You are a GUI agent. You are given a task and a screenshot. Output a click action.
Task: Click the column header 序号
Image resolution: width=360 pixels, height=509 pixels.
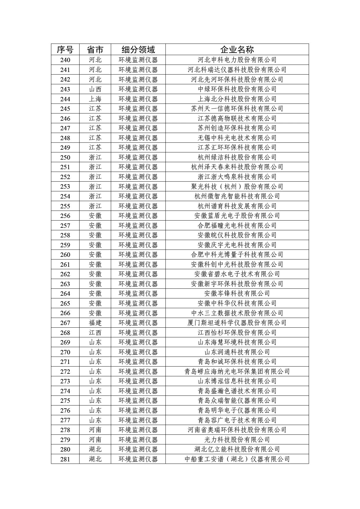pos(65,49)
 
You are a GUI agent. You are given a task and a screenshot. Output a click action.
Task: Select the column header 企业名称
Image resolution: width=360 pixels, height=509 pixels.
pos(237,49)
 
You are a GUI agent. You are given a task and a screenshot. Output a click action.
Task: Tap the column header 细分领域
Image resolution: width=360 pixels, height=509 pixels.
pos(138,49)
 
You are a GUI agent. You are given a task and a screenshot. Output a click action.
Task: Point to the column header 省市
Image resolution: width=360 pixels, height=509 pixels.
pos(95,49)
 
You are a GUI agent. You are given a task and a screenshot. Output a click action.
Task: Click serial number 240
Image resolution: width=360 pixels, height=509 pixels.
pos(65,60)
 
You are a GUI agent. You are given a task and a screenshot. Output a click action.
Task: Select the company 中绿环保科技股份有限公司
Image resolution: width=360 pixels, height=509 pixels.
pos(237,89)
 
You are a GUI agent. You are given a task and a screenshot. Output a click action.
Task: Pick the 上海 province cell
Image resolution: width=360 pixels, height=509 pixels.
pos(95,99)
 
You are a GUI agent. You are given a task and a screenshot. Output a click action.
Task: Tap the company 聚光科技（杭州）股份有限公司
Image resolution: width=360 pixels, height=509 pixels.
pos(237,187)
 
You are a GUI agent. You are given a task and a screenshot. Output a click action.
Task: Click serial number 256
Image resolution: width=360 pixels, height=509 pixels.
pos(65,216)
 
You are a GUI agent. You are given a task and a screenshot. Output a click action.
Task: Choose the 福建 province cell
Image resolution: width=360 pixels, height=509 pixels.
pos(95,323)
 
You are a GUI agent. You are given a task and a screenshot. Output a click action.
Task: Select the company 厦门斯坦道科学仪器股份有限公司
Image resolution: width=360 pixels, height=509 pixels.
pos(237,323)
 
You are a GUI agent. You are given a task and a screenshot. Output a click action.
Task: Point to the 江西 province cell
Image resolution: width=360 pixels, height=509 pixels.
pos(95,333)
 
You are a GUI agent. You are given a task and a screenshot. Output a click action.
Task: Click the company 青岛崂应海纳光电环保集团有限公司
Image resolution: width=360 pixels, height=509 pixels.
pos(237,371)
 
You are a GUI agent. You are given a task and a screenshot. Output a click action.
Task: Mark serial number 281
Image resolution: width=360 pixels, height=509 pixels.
pos(65,459)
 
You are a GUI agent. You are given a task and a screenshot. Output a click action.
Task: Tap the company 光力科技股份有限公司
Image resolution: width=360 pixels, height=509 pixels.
pos(237,440)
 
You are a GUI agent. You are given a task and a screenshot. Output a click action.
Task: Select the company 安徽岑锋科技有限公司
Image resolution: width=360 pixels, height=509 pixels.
pos(237,294)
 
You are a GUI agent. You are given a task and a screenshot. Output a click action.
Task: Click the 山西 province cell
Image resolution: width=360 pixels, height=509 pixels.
pos(95,89)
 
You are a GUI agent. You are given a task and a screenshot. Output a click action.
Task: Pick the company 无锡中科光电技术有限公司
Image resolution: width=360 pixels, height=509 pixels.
pos(237,138)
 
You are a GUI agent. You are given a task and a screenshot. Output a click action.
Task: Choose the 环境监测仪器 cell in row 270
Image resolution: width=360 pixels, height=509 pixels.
pos(138,352)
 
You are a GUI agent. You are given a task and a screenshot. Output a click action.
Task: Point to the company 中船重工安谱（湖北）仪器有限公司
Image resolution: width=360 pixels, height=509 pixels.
pos(237,459)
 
